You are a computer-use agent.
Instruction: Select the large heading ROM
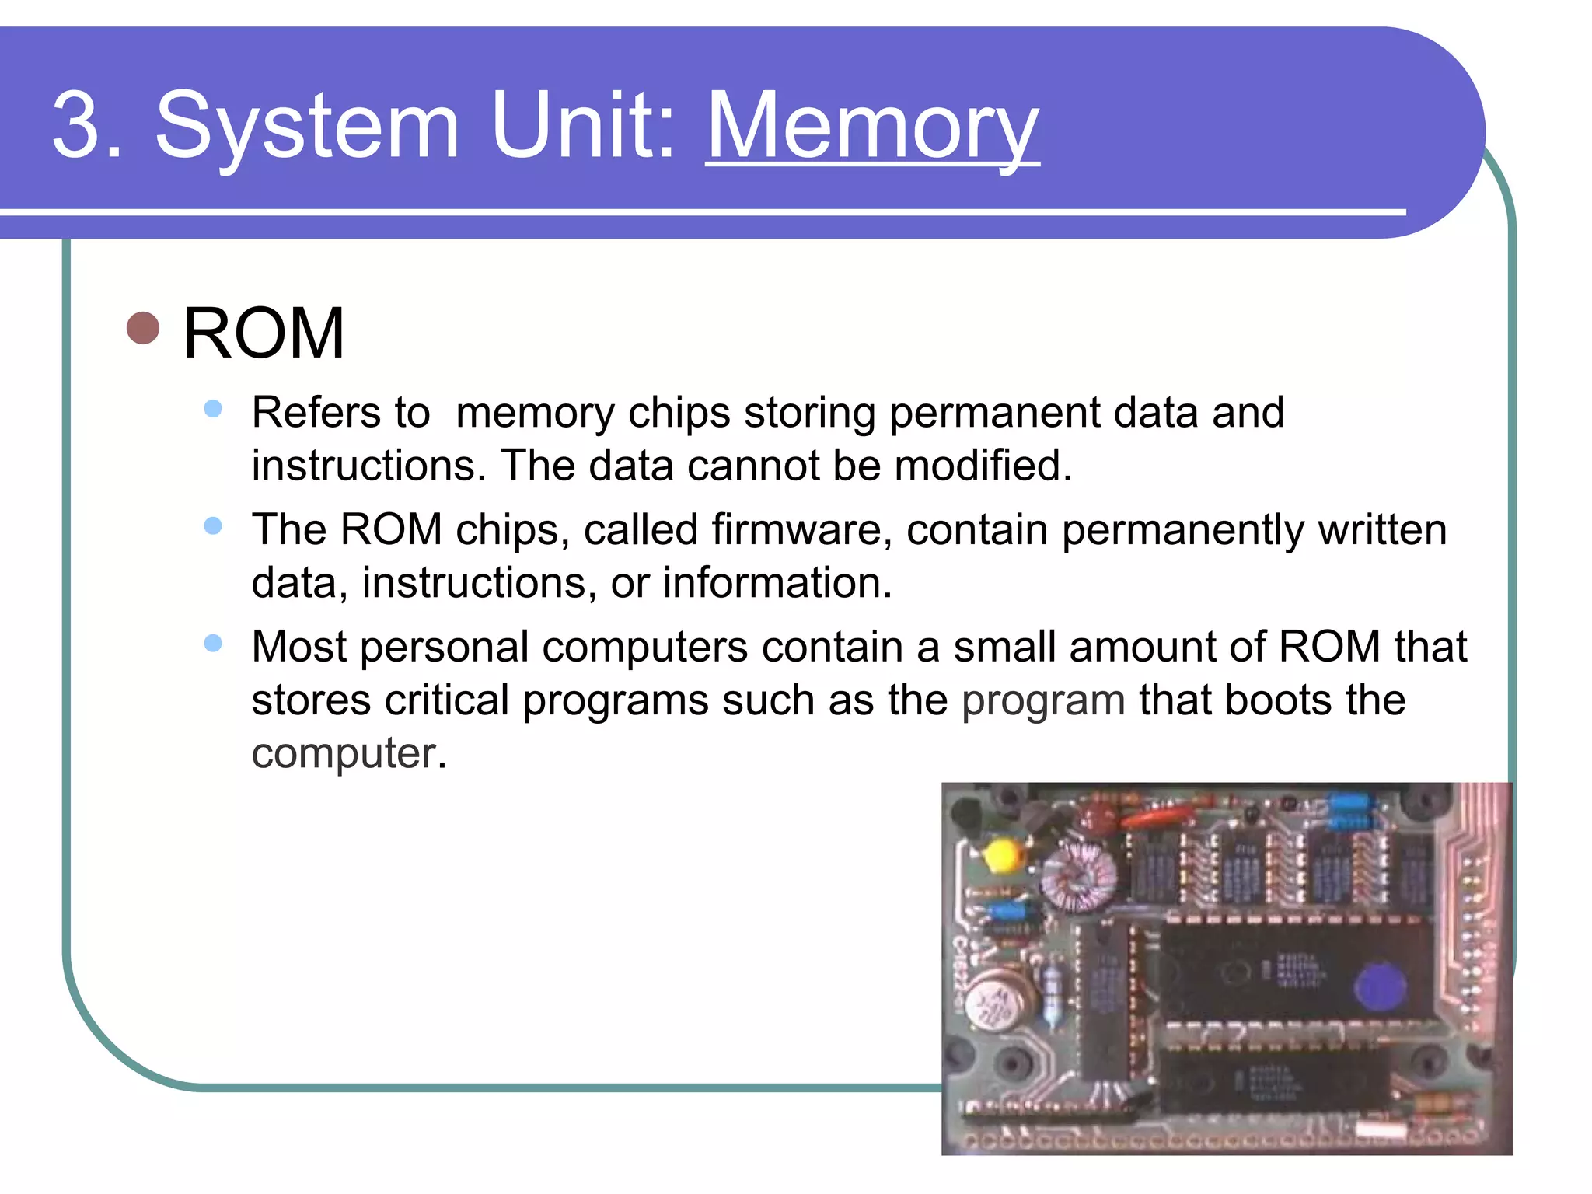pyautogui.click(x=264, y=333)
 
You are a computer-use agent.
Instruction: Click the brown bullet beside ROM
pyautogui.click(x=143, y=328)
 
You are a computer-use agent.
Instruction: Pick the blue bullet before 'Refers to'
pyautogui.click(x=213, y=409)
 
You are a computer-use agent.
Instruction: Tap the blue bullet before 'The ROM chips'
pyautogui.click(x=213, y=526)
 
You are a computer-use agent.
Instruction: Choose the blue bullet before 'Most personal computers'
pyautogui.click(x=213, y=644)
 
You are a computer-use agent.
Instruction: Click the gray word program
pyautogui.click(x=1043, y=700)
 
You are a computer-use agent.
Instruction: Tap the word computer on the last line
pyautogui.click(x=344, y=753)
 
